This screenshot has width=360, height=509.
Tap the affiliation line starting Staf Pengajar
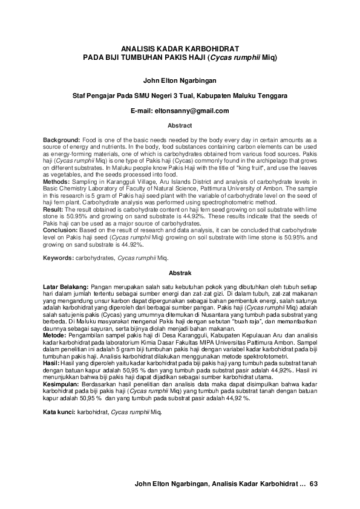tap(180, 95)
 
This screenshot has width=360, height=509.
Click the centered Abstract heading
tap(180, 126)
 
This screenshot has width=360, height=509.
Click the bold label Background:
tap(61, 140)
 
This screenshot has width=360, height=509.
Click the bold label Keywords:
tap(57, 258)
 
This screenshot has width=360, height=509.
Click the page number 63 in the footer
tap(313, 484)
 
